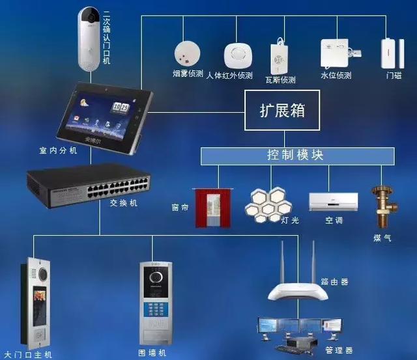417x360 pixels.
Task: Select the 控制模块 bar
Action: [296, 156]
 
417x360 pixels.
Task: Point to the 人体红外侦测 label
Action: [229, 76]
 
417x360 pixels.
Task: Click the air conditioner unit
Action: [334, 201]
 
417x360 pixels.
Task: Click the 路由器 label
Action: [334, 282]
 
